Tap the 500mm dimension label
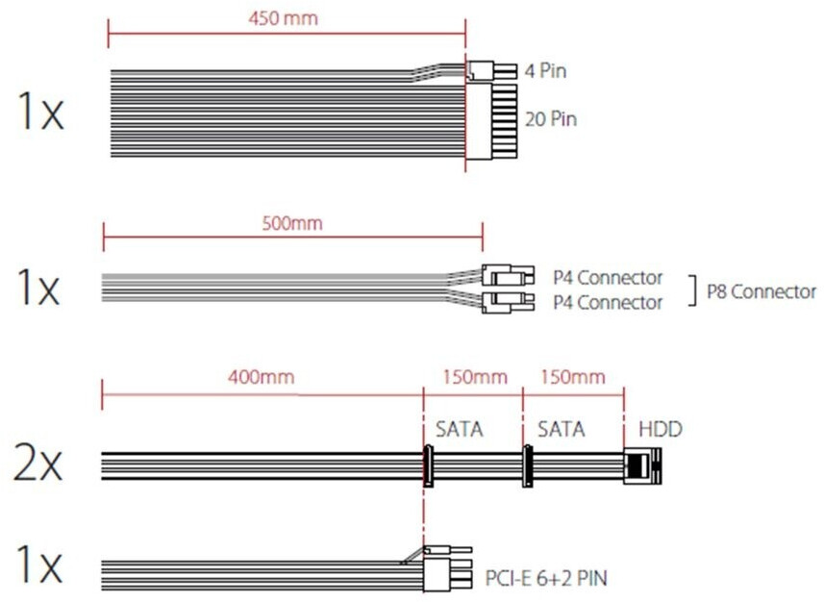pyautogui.click(x=292, y=224)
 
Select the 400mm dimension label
pyautogui.click(x=262, y=377)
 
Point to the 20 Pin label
pyautogui.click(x=551, y=119)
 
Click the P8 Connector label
pyautogui.click(x=761, y=291)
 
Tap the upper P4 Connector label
pyautogui.click(x=607, y=278)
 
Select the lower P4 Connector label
pyautogui.click(x=607, y=303)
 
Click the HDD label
pyautogui.click(x=660, y=430)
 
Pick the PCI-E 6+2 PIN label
pyautogui.click(x=545, y=578)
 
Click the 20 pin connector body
pyautogui.click(x=492, y=121)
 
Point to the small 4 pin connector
pyautogui.click(x=481, y=70)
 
